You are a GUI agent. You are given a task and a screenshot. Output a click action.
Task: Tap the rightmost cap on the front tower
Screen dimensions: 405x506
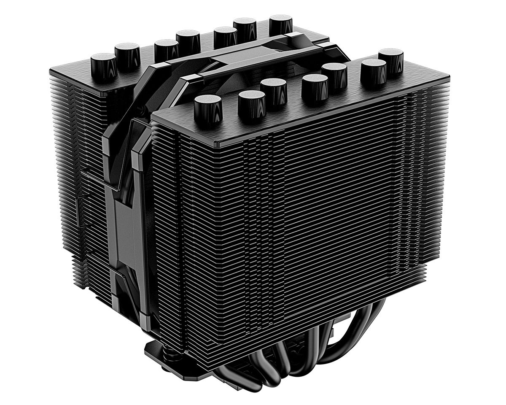point(390,59)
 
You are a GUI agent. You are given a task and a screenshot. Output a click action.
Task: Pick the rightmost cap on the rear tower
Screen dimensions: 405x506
point(280,24)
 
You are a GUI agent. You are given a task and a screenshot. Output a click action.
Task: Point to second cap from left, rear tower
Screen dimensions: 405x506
point(127,55)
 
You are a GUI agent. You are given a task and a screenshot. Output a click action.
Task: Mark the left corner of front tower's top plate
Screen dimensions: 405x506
point(154,116)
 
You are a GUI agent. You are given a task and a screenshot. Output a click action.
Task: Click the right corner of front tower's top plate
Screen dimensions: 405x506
point(448,78)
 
